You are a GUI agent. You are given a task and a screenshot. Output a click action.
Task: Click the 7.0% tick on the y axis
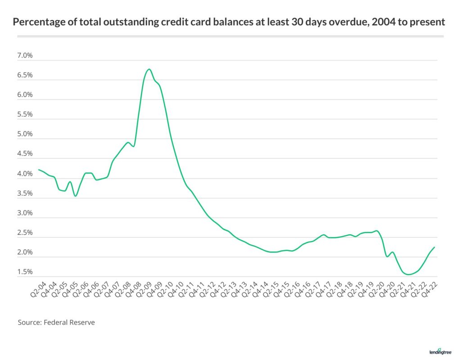[26, 56]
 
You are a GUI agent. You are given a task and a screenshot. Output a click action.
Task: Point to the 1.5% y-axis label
[26, 272]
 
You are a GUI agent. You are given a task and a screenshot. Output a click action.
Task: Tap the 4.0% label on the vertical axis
[26, 174]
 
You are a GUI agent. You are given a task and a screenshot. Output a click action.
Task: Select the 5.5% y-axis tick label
[26, 114]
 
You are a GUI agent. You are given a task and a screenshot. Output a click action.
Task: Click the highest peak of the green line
[149, 69]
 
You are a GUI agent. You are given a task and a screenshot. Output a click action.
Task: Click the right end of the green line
[434, 247]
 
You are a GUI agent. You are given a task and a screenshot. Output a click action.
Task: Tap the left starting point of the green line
[39, 170]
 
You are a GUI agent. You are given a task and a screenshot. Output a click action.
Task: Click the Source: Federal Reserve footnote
[56, 323]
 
